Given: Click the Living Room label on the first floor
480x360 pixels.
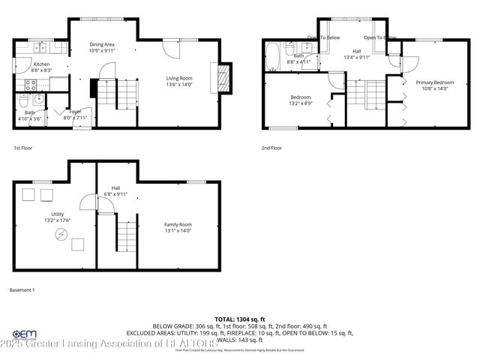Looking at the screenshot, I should coord(179,78).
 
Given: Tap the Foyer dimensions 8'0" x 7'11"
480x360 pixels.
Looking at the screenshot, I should coord(76,118).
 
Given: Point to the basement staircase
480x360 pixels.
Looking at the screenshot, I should coord(127,232).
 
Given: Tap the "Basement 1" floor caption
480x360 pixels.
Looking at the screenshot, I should coord(22,289).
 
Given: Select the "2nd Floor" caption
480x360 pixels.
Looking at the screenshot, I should coord(271,148).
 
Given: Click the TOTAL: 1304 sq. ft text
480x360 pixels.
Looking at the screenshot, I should coord(239,319).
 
